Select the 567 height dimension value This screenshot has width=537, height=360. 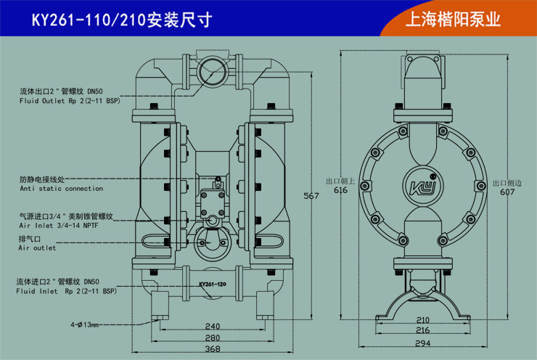coord(311,196)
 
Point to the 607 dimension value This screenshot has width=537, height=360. coord(507,192)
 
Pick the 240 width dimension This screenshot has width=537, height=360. coord(212,327)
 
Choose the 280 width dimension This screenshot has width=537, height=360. coord(212,337)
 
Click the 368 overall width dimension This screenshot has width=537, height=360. coord(212,350)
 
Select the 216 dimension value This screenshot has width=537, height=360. coord(422,330)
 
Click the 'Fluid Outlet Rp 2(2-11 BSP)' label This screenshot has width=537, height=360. coord(68,102)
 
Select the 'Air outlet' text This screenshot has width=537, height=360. coord(36,248)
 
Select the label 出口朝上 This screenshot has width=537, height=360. coord(340,181)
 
